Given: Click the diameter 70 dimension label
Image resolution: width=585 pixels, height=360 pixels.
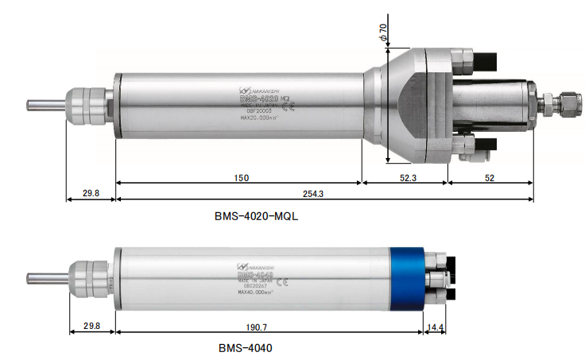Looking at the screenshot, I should click(382, 33).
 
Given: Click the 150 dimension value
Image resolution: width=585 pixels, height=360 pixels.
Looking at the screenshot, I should click(240, 178).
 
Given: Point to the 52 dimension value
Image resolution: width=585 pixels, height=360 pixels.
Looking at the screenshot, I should click(488, 178).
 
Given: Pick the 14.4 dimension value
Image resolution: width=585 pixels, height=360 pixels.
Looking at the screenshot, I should click(434, 327).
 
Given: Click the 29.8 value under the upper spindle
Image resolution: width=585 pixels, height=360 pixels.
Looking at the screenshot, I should click(91, 193).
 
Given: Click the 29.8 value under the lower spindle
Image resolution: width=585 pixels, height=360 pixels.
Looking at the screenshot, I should click(91, 327).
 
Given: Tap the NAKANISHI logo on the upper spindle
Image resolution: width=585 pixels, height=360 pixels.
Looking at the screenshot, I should click(262, 92).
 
